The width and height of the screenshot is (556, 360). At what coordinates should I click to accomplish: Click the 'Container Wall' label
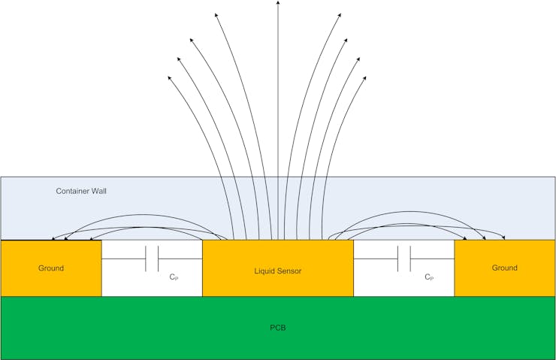[x=81, y=191]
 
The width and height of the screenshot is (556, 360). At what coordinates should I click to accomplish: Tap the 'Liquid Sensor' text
[x=277, y=271]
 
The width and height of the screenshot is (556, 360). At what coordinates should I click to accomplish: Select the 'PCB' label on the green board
[x=277, y=328]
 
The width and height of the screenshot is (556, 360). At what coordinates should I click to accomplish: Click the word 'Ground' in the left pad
[x=50, y=268]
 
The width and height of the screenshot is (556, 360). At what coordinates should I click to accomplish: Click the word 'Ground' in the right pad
[x=504, y=268]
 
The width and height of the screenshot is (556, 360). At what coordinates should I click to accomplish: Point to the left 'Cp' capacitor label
[x=174, y=277]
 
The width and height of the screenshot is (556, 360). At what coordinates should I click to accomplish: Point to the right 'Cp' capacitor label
[x=428, y=277]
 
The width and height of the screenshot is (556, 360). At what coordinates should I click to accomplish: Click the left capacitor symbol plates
[x=151, y=259]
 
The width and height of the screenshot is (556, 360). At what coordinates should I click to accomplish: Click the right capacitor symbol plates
[x=403, y=259]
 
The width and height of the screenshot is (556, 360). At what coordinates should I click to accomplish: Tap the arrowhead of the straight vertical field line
[x=278, y=4]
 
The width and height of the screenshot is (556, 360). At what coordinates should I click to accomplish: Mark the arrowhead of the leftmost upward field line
[x=170, y=77]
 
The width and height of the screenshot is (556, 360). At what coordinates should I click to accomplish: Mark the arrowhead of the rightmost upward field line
[x=366, y=77]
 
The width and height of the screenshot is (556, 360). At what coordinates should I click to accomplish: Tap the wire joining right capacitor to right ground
[x=432, y=259]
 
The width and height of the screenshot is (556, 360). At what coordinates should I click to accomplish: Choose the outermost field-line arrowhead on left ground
[x=53, y=238]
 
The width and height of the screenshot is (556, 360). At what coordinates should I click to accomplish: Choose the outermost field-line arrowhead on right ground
[x=503, y=238]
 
